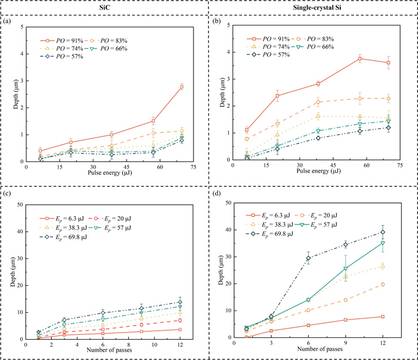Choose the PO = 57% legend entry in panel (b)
(269, 54)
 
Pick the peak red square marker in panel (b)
(360, 59)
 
